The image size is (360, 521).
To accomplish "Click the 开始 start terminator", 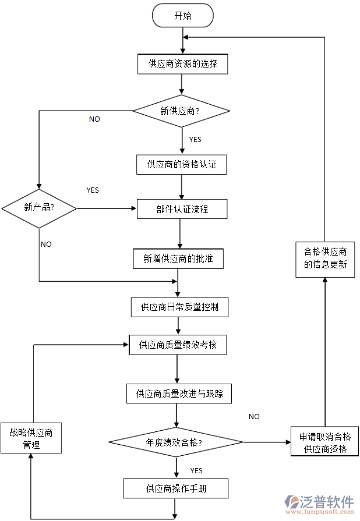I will (182, 16).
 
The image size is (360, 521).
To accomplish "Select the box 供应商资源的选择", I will (182, 63).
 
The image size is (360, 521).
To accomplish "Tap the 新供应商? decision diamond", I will (181, 111).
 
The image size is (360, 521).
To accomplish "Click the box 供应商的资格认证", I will (182, 165).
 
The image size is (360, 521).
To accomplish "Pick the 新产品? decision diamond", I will (39, 207).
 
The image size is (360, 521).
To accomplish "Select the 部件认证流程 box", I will (182, 209).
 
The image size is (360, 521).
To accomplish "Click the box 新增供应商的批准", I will (178, 259).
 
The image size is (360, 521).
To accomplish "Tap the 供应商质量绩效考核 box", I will (178, 345).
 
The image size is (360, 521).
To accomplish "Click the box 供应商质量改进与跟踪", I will (179, 394).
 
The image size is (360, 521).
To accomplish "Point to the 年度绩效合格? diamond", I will (177, 442).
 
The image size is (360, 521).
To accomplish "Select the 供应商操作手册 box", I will (176, 488).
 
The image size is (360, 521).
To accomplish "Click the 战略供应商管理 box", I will (31, 438).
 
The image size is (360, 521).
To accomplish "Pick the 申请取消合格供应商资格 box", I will (324, 442).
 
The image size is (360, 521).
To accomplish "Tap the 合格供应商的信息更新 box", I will (325, 258).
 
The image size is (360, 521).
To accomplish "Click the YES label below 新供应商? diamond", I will (195, 140).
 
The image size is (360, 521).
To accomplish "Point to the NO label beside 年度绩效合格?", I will (254, 417).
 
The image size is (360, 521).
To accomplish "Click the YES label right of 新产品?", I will (93, 190).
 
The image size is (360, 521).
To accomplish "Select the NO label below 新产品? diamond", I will (46, 244).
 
